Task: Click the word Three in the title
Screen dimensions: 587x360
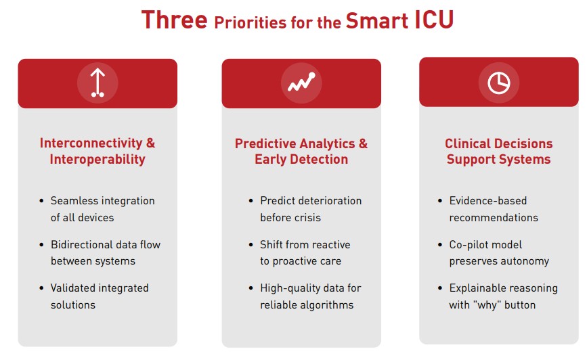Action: [174, 20]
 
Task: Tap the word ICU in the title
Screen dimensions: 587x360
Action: [433, 20]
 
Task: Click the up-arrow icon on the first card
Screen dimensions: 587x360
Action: [97, 83]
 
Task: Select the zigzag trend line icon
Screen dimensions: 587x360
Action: [301, 82]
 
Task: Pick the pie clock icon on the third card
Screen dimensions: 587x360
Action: [499, 83]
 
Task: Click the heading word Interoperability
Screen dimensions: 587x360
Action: [97, 160]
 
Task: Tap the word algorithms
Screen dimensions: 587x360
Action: [331, 305]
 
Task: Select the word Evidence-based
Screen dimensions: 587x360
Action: [487, 200]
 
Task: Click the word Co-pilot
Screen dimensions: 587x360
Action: [465, 244]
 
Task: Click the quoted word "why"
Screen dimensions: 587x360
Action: [487, 305]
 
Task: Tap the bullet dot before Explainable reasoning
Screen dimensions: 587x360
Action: [440, 288]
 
